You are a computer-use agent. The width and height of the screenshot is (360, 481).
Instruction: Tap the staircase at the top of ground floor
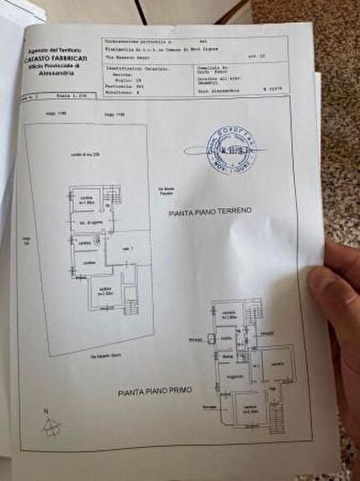113,194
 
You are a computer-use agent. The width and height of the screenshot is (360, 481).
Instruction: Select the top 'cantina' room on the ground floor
86,200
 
